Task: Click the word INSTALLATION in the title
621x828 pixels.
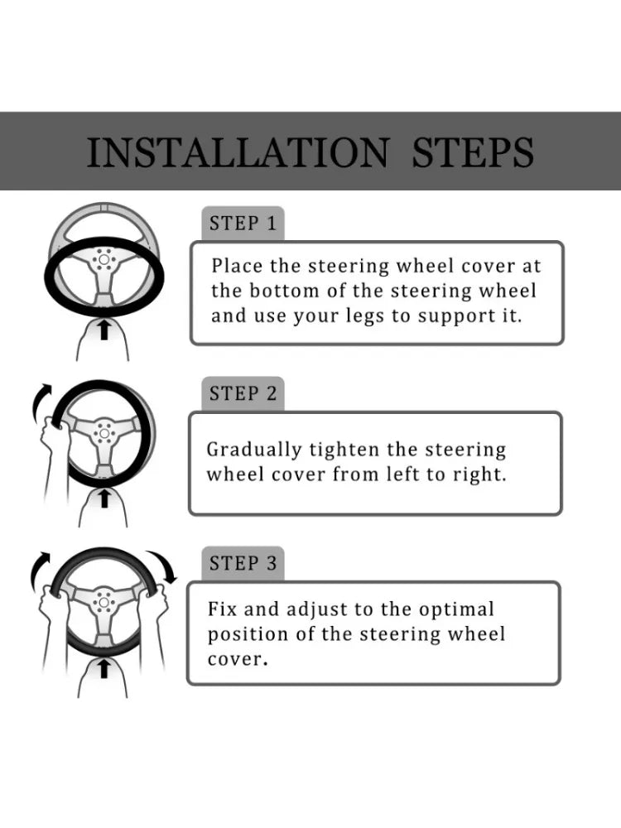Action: (x=238, y=152)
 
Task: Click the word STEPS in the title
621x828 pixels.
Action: (x=473, y=152)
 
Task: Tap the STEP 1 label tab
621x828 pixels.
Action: (x=243, y=224)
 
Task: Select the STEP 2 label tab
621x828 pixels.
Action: (x=243, y=393)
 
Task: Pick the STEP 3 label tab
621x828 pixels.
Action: (x=243, y=563)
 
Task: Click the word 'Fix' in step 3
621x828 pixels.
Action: (x=221, y=609)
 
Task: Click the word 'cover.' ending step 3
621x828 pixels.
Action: (x=238, y=660)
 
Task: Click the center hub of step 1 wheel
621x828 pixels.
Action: (x=103, y=260)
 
